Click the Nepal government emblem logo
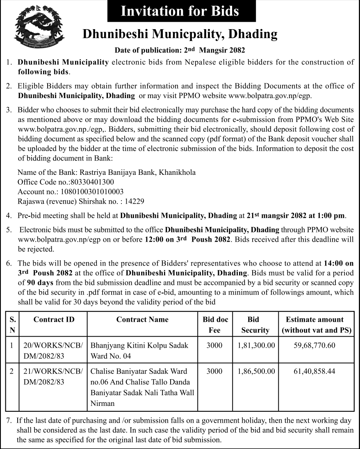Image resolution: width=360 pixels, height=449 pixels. [39, 28]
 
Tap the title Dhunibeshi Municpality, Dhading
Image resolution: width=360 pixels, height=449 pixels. [180, 34]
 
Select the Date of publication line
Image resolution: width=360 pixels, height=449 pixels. [180, 50]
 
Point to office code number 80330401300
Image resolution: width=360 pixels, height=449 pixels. [92, 181]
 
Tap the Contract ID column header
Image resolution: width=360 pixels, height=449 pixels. [54, 319]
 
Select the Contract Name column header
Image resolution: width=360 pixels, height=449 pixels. [142, 319]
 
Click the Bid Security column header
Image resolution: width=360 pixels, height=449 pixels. [255, 325]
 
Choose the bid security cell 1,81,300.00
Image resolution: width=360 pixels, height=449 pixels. [256, 346]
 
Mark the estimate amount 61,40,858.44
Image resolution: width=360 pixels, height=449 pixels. [314, 371]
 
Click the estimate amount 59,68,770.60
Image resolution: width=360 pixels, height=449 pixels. [314, 346]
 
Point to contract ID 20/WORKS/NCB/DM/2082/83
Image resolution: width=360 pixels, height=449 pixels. [54, 350]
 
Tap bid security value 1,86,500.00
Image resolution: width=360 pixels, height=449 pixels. [256, 371]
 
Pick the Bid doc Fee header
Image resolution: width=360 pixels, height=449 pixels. [215, 325]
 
